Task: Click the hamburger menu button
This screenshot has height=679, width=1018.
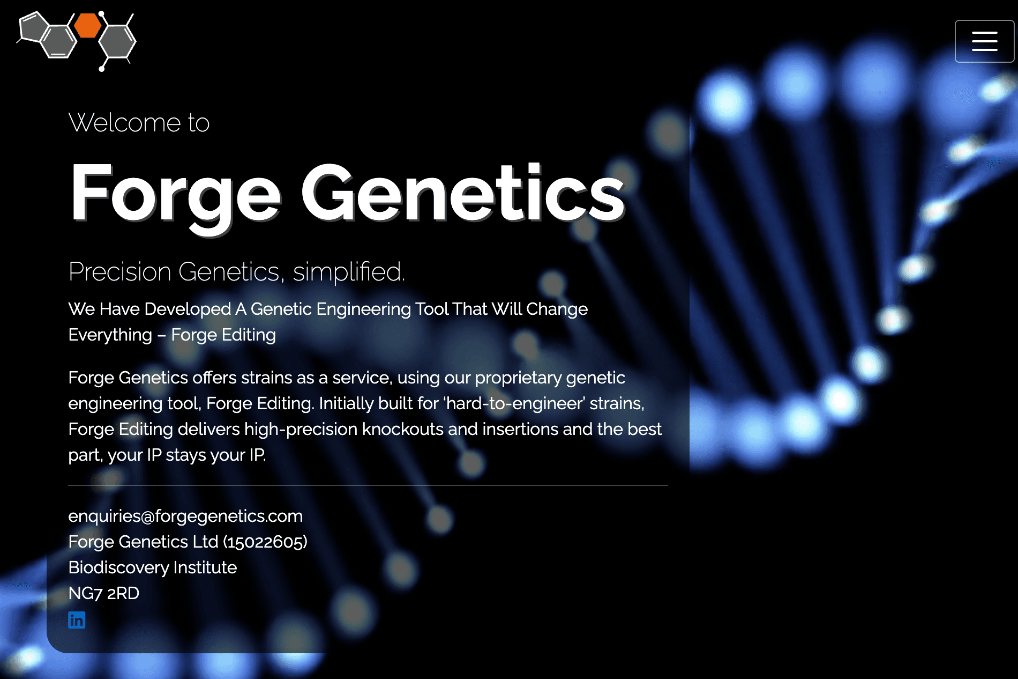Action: point(984,41)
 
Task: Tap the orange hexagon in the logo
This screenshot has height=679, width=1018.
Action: point(87,26)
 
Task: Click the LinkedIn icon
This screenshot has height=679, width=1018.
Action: point(77,620)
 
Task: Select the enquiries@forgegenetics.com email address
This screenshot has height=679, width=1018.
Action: point(185,516)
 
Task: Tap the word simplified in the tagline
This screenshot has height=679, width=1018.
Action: point(348,271)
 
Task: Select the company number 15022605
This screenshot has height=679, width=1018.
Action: point(265,542)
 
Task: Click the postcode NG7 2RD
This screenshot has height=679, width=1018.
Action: point(104,593)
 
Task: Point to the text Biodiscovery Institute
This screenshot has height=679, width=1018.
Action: point(153,567)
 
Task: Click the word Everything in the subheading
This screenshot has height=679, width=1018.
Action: point(110,335)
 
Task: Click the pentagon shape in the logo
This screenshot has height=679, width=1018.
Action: point(32,28)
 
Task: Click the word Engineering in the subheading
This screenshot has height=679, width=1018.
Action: point(363,309)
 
